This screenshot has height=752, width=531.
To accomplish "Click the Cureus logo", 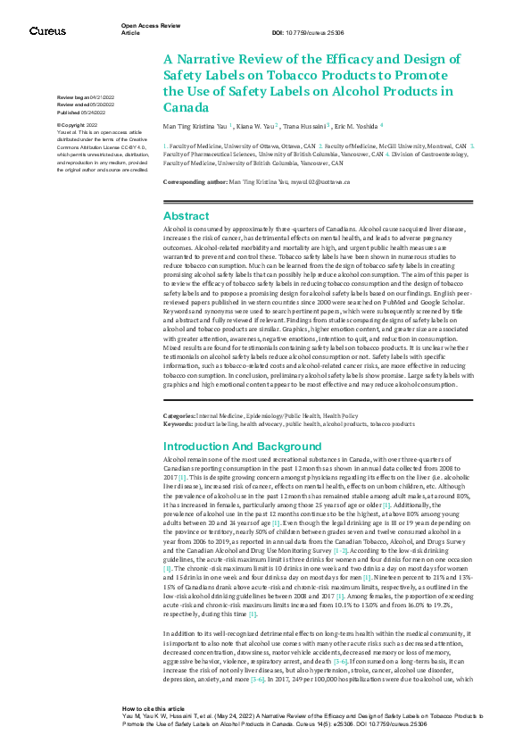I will coord(46,30).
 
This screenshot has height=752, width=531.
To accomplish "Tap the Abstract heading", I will coord(187,215).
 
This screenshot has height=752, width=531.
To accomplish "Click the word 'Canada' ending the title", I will coord(184,106).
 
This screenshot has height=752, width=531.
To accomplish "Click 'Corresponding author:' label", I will coord(195,181).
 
